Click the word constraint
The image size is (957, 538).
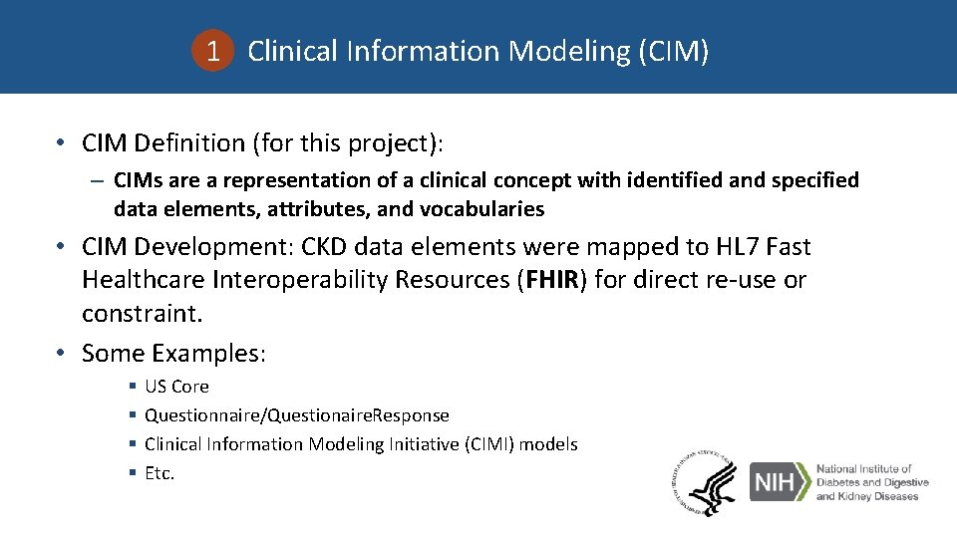point(141,314)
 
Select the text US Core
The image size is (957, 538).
point(176,387)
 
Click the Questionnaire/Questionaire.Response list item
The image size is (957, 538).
point(296,415)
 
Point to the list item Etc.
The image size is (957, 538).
point(159,473)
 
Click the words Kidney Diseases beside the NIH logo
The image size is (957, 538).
point(867,496)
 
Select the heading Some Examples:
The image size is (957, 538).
point(173,353)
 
